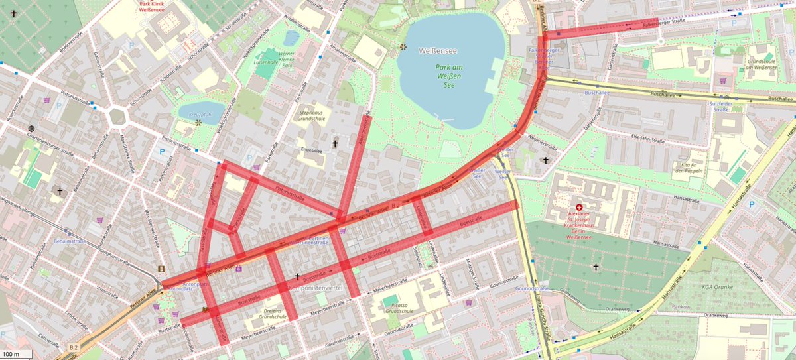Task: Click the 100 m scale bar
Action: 18,354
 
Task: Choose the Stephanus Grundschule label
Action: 316,117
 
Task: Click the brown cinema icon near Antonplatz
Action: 161,269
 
